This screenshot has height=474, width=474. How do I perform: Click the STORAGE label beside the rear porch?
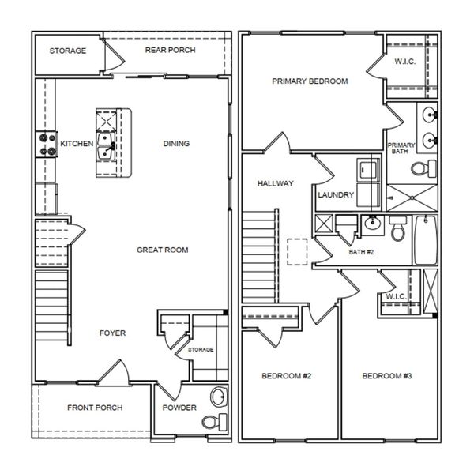pos(68,51)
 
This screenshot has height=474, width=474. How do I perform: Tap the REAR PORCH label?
pos(170,51)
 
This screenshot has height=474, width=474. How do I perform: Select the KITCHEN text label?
pos(77,144)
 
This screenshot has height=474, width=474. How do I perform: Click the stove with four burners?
pos(43,144)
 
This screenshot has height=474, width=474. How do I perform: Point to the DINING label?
pos(175,144)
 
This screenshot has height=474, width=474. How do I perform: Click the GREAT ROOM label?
pos(163,250)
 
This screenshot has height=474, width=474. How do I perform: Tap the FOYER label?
pos(112,333)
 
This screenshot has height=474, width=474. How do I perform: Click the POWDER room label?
pos(179,409)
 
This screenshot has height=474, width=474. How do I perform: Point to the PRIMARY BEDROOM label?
pos(310,81)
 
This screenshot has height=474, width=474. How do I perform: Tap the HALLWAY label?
pos(275,184)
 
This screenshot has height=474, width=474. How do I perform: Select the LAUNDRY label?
pos(335,195)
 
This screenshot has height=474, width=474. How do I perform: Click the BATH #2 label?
pos(361,253)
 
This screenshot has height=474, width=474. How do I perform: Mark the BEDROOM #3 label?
pos(387,376)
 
